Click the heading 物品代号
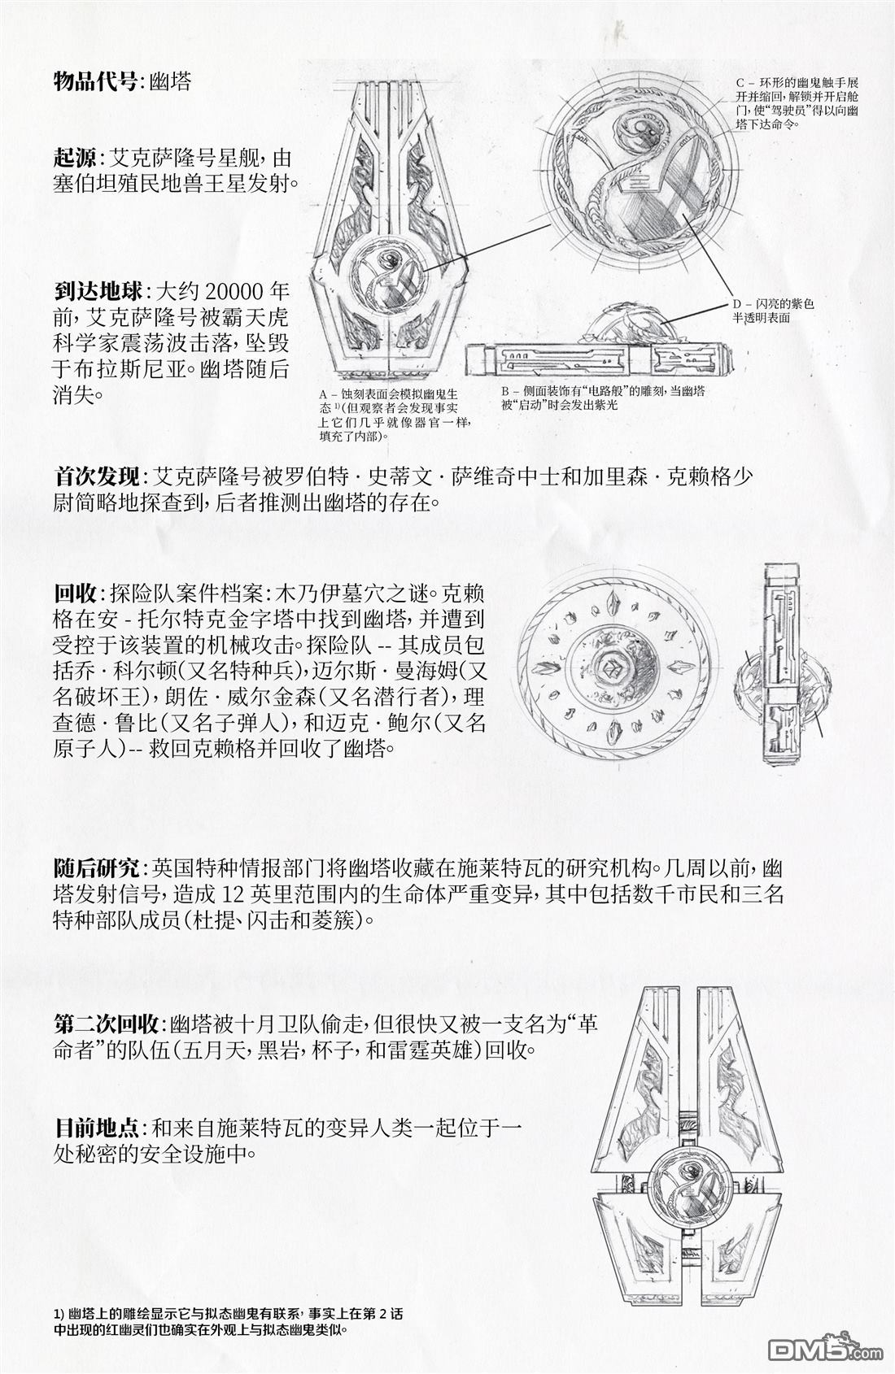(x=94, y=81)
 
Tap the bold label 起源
(x=74, y=159)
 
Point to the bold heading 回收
(x=74, y=594)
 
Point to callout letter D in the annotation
(x=736, y=303)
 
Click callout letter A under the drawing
(x=323, y=394)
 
